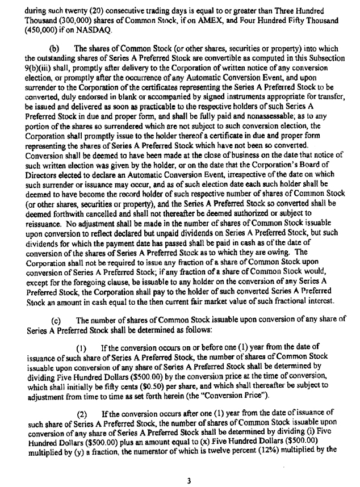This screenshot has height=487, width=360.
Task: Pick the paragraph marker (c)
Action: pyautogui.click(x=64, y=319)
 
